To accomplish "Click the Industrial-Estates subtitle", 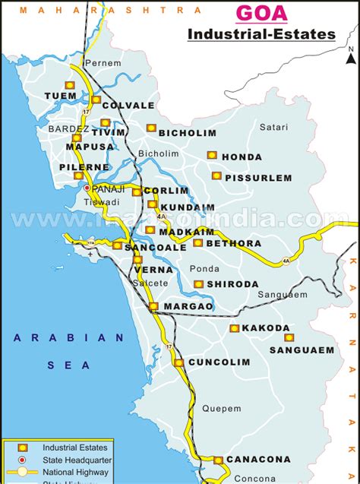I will [261, 34].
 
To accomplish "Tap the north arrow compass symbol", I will [350, 54].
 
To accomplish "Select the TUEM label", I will [61, 96].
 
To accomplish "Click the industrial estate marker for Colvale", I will [96, 100].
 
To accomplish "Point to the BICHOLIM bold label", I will [188, 133].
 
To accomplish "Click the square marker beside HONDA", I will [212, 155].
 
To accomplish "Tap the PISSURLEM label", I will [262, 178].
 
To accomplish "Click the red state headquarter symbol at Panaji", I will [87, 188].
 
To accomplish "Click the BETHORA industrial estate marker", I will [197, 243].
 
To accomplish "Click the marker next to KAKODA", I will [234, 328].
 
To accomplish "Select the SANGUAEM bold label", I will [302, 350].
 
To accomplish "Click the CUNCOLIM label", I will [219, 362].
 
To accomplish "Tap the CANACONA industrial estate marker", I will [218, 460].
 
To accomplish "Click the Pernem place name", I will [103, 63].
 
